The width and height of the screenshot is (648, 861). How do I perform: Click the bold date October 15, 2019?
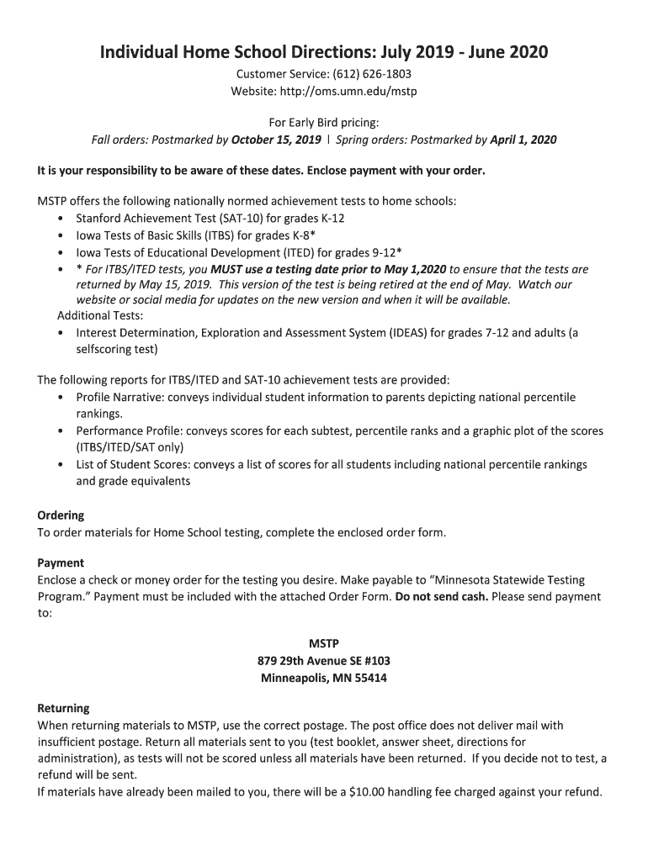276,140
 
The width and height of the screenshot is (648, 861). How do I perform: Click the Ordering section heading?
61,515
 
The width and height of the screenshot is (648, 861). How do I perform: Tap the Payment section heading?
61,563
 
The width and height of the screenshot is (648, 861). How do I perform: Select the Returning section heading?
63,708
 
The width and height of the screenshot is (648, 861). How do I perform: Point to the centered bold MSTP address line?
324,644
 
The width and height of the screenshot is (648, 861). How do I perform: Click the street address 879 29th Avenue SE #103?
324,661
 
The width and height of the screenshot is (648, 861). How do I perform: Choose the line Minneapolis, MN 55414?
324,678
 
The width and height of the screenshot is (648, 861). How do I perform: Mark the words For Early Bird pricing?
324,123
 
